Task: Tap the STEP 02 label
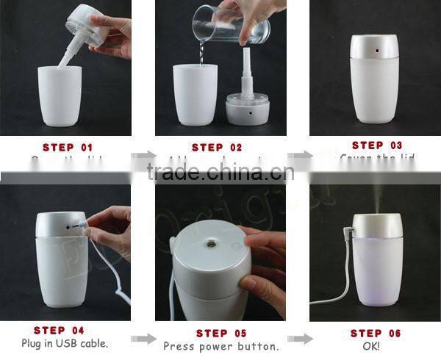217,148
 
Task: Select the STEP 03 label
377,145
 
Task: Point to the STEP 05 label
217,333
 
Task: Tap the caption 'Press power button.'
220,346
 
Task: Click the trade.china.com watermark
220,173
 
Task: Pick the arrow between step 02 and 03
298,156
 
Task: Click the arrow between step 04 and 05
143,339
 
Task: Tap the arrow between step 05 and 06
298,339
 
